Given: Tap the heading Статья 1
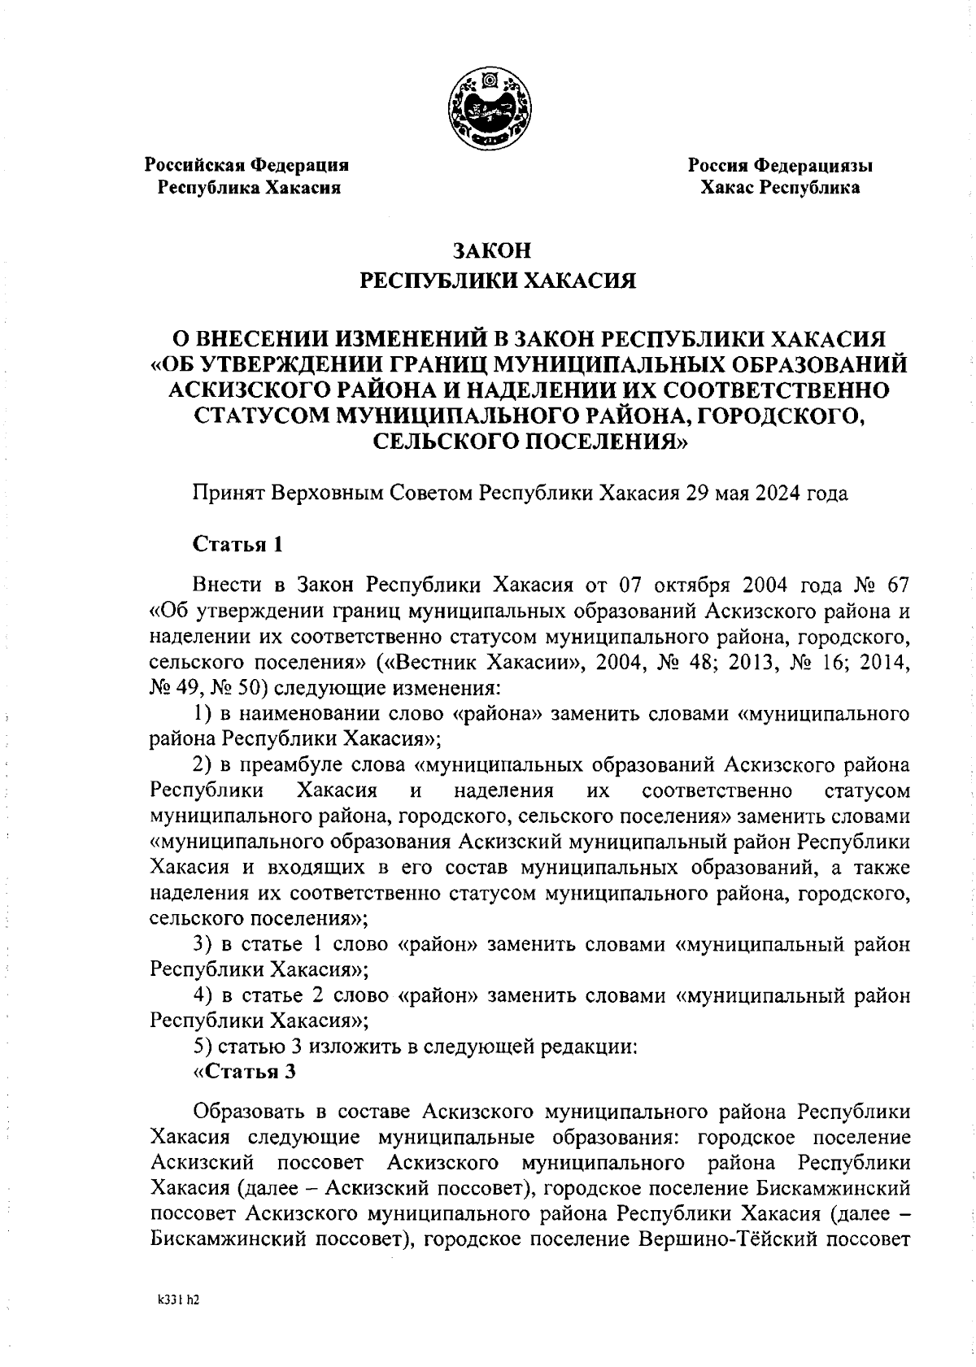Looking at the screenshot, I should click(x=237, y=544).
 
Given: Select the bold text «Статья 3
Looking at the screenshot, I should click(x=244, y=1071).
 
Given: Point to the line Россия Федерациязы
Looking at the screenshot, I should click(x=781, y=165).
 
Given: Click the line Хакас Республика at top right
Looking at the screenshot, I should click(x=781, y=188).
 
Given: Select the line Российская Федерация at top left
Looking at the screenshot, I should click(x=246, y=165).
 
